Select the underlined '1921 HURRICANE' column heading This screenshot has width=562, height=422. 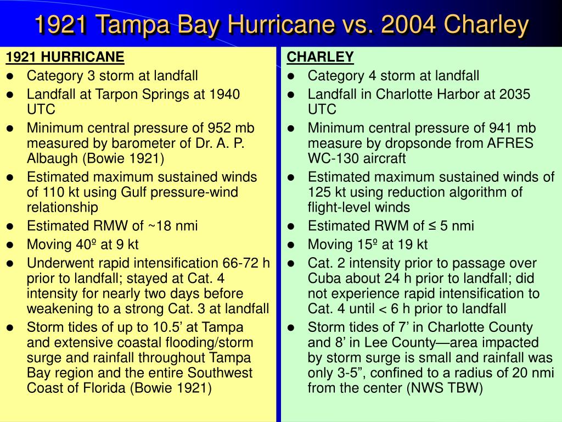tap(65, 57)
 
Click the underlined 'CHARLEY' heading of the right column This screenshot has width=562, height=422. tap(321, 57)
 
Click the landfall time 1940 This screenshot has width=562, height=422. tap(224, 94)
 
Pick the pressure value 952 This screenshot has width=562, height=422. tap(220, 128)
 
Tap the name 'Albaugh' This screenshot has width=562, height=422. tap(50, 158)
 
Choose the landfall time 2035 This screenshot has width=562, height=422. tap(515, 94)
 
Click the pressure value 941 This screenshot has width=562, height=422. tap(501, 128)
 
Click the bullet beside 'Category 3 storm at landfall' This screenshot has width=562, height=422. tap(10, 76)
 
